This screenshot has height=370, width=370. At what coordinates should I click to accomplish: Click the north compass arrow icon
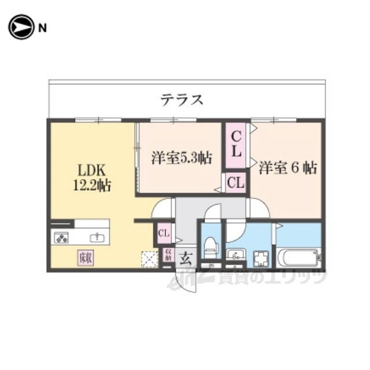click(21, 27)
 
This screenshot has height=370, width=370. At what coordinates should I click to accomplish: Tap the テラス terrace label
click(182, 99)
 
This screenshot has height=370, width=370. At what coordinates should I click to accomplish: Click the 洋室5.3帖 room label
click(181, 157)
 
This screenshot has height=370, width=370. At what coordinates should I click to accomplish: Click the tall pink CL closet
click(236, 147)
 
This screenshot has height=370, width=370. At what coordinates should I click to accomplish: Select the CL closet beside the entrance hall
click(164, 234)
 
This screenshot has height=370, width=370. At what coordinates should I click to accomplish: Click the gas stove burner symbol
click(62, 237)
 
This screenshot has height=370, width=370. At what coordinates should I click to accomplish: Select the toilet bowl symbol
click(210, 246)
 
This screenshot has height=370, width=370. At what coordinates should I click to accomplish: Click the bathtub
click(297, 256)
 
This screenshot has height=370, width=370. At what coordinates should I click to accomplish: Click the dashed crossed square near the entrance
click(149, 258)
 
